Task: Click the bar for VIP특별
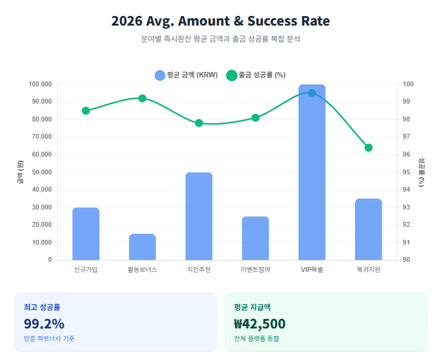click(x=312, y=173)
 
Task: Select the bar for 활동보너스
click(x=142, y=247)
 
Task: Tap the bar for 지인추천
click(x=199, y=216)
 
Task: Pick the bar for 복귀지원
click(x=368, y=229)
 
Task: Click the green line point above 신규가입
click(x=86, y=111)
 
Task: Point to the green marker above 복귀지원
click(x=368, y=148)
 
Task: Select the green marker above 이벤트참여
click(x=255, y=118)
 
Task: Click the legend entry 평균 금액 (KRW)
click(x=186, y=75)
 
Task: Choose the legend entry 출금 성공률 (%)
click(x=256, y=75)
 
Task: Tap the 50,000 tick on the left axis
click(x=42, y=172)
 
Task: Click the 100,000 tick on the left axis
click(x=40, y=84)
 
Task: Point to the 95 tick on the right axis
click(x=407, y=172)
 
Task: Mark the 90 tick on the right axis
click(x=407, y=260)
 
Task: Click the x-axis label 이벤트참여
click(x=255, y=270)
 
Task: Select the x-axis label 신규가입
click(x=86, y=270)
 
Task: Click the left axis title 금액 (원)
click(x=20, y=172)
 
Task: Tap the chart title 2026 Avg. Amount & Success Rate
click(x=220, y=21)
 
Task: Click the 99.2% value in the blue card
click(x=44, y=324)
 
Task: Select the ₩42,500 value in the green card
click(x=259, y=324)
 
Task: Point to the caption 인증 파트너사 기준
click(x=49, y=339)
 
